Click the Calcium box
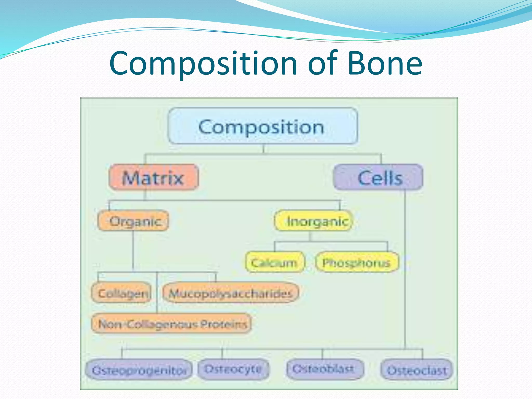click(274, 262)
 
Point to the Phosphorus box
click(357, 262)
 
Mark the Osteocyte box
click(233, 369)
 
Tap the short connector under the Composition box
click(263, 149)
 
